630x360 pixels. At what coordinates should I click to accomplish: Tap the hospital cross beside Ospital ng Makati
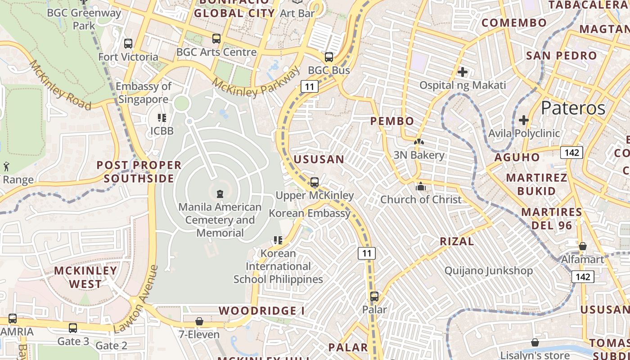(462, 72)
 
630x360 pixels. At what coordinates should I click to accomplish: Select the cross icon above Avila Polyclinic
(523, 120)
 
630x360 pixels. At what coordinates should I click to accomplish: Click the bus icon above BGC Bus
(329, 57)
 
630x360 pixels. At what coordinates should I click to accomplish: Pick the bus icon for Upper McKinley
(315, 182)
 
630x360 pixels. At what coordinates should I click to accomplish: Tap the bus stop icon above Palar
(374, 297)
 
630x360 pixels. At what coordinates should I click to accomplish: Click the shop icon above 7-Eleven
(199, 321)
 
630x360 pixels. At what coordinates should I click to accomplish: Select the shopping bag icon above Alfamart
(582, 246)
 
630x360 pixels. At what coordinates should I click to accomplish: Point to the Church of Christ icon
(421, 186)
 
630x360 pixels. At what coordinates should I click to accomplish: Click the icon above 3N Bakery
(419, 142)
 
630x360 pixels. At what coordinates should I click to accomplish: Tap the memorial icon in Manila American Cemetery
(220, 194)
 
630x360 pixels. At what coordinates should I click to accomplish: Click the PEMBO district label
(392, 121)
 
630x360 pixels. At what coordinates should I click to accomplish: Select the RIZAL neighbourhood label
(457, 241)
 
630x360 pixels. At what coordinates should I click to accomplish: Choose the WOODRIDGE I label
(261, 311)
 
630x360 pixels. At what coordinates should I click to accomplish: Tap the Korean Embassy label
(310, 213)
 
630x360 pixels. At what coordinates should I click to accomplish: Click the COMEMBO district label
(514, 22)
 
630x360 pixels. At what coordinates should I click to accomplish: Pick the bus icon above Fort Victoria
(128, 44)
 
